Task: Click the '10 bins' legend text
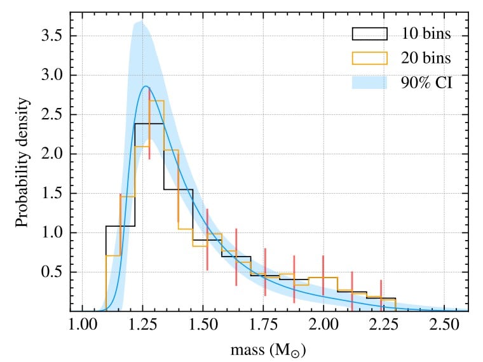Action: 426,33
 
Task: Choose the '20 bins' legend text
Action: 426,58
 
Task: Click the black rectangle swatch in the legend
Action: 369,33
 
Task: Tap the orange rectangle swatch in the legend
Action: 369,58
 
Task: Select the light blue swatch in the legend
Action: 369,83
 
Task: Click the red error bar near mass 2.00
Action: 323,278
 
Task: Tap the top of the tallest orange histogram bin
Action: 156,100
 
